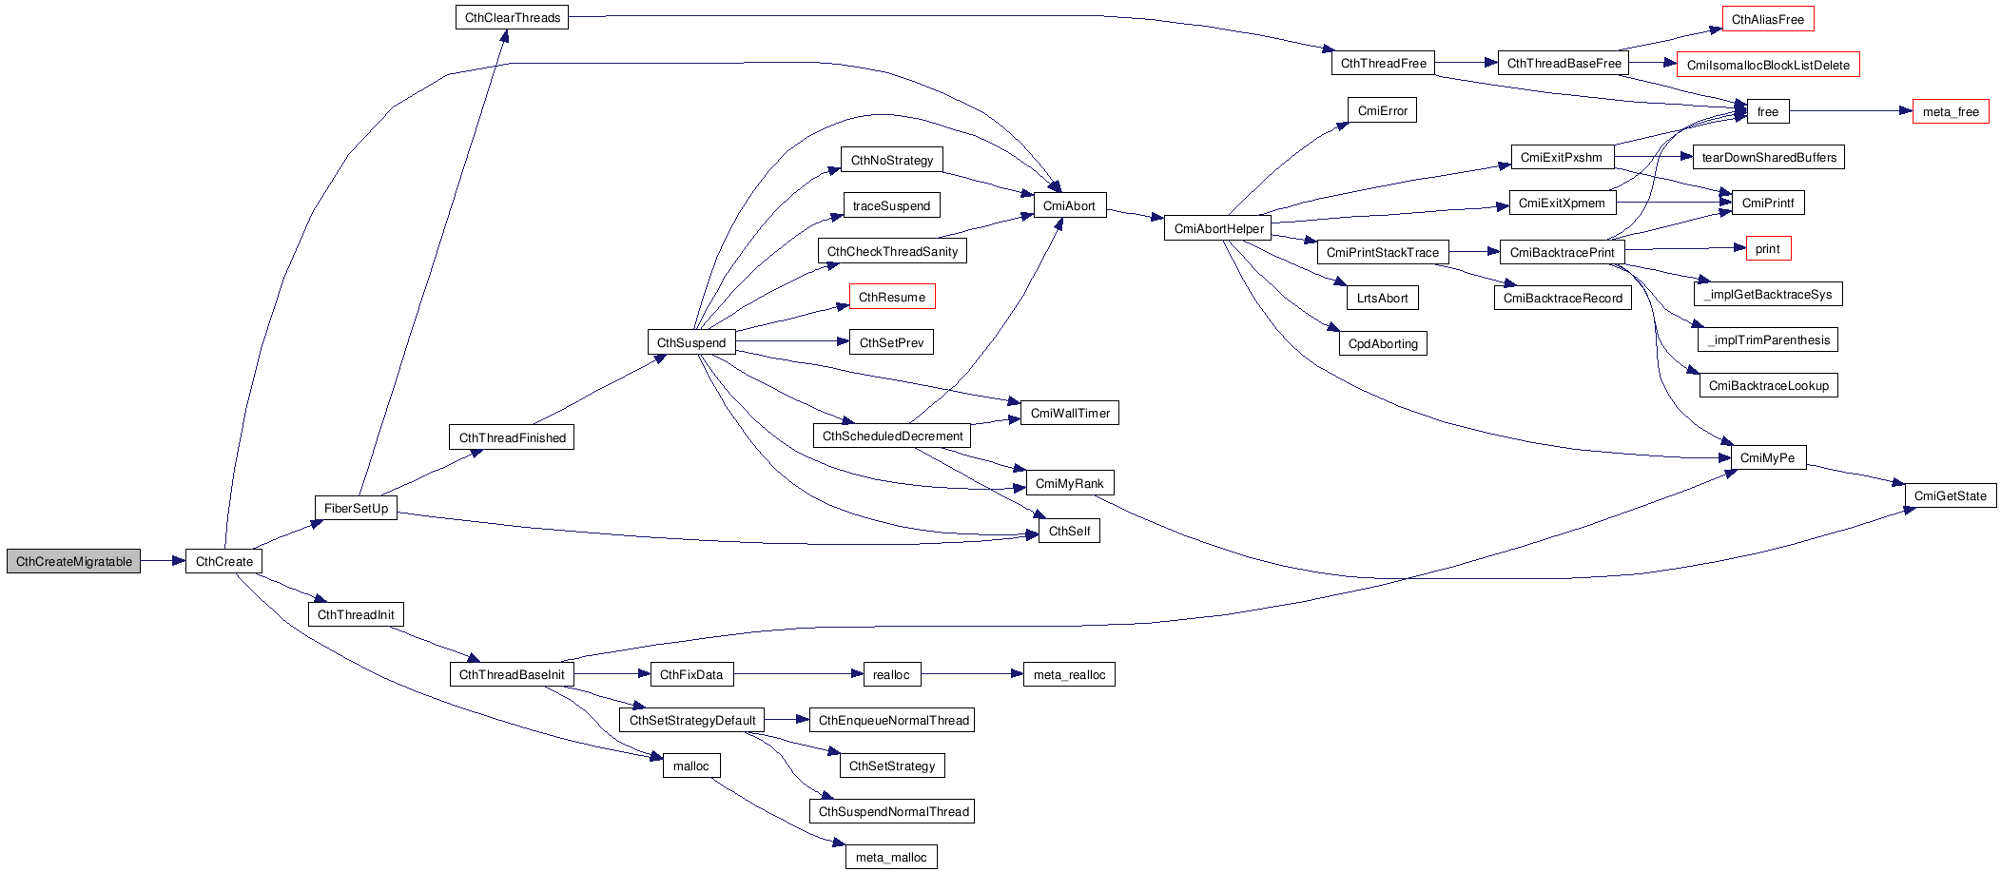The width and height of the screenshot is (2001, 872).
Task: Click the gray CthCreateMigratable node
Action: (x=73, y=561)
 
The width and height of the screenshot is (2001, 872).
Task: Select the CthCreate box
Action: (x=223, y=561)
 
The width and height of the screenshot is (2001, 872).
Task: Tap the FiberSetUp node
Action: (x=356, y=508)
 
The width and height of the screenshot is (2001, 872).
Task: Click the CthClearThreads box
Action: (x=512, y=17)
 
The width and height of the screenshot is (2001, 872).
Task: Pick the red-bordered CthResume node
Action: (x=891, y=297)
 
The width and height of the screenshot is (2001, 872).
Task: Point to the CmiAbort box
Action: (x=1069, y=205)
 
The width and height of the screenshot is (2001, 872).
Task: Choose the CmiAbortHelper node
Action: (x=1218, y=228)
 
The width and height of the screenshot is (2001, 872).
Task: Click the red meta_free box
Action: (x=1950, y=111)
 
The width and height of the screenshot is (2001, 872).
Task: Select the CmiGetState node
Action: (x=1950, y=495)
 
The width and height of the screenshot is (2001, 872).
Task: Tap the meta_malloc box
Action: (x=890, y=857)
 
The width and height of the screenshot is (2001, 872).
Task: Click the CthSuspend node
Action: (x=690, y=342)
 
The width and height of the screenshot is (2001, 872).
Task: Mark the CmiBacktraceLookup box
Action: (x=1768, y=385)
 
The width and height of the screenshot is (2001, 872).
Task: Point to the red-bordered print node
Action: (x=1768, y=248)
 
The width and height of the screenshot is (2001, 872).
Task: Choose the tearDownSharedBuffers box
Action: (x=1768, y=157)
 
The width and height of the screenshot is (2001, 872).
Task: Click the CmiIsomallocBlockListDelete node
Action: (x=1767, y=65)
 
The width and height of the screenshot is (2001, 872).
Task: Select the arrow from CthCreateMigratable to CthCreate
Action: (x=163, y=561)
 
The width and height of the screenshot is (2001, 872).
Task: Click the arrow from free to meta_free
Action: (x=1850, y=111)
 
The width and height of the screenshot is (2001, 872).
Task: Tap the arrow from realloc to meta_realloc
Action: (x=971, y=674)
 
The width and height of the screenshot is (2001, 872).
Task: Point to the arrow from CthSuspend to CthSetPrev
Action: (x=791, y=341)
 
